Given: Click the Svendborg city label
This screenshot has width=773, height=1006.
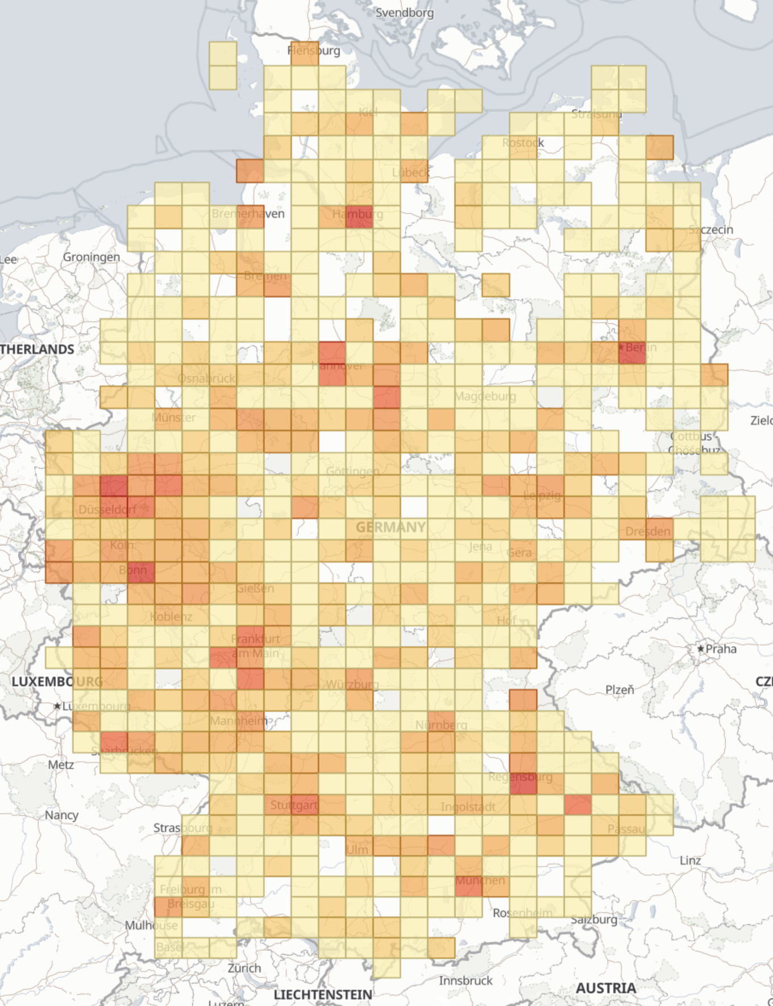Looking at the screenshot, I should [x=404, y=13].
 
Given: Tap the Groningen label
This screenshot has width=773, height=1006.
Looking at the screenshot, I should [x=92, y=257].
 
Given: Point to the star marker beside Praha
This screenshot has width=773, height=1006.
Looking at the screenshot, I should [x=701, y=649].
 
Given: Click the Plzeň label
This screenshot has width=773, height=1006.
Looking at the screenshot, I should [x=620, y=689].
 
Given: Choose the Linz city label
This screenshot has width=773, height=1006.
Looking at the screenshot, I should [x=690, y=860].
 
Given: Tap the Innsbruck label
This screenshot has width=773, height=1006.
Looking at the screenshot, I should [x=466, y=980].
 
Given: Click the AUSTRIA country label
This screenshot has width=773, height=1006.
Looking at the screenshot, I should [x=606, y=988].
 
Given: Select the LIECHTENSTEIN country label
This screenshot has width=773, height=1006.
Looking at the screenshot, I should [x=323, y=995].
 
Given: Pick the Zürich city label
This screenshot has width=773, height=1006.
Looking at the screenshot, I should [x=244, y=968].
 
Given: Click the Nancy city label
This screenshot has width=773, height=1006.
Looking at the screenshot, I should [x=61, y=814].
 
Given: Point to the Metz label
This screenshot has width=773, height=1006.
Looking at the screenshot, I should [x=61, y=764].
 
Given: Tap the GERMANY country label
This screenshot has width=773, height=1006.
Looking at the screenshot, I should [x=390, y=527].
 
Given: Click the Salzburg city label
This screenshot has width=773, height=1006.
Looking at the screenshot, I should [x=594, y=919].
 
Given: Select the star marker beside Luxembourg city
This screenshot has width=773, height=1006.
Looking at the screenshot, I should [x=57, y=706].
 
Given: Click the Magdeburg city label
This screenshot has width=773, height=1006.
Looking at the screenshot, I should [x=485, y=396].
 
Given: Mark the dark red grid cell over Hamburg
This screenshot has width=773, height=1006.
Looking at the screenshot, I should [x=359, y=217].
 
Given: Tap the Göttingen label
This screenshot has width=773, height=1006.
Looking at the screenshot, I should [x=352, y=471].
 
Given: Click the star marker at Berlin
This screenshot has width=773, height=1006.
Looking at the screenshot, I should [x=621, y=346].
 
